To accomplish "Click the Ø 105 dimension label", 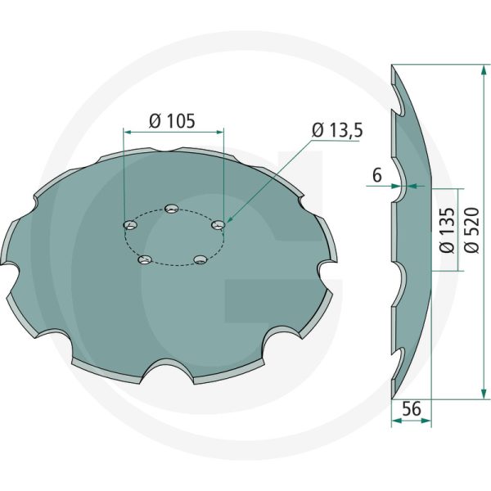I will point(172,121).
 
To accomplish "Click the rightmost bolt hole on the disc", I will point(218,224).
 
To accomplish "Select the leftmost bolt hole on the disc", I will point(128,225).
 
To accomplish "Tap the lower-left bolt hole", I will point(146,260).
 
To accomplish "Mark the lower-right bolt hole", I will point(199,259).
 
